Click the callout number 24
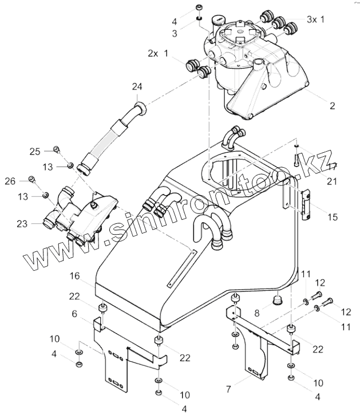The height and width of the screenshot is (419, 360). (137, 87)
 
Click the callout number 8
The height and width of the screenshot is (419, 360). (257, 313)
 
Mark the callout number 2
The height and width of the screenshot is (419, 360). (333, 105)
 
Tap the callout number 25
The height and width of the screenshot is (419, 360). (35, 151)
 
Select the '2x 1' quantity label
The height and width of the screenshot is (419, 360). (158, 53)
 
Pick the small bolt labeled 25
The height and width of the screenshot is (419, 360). (57, 150)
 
